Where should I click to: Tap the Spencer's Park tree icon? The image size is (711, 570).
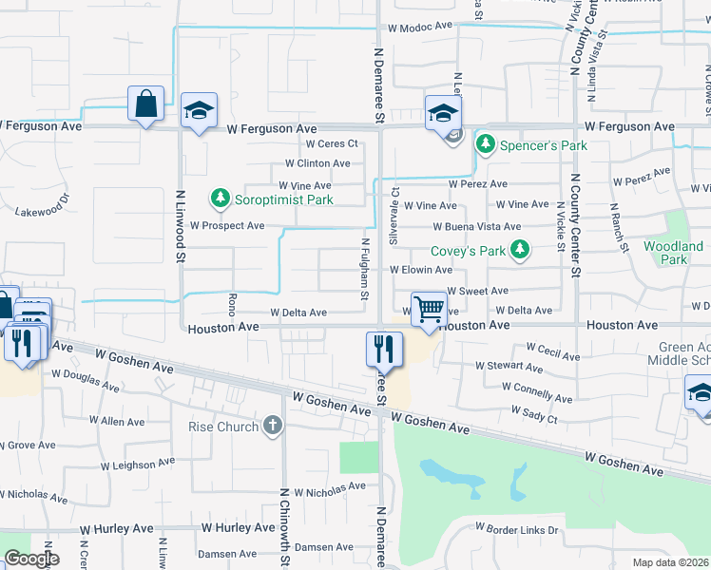click(x=486, y=145)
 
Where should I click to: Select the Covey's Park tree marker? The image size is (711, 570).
click(x=519, y=251)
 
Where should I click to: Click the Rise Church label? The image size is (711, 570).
click(x=223, y=427)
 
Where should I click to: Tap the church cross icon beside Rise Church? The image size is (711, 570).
click(x=274, y=426)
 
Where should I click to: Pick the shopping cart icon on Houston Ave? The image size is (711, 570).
click(x=429, y=309)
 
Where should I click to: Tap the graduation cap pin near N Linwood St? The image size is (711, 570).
click(x=199, y=111)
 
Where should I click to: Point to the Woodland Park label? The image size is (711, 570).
click(x=673, y=253)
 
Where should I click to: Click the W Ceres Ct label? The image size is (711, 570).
click(x=331, y=144)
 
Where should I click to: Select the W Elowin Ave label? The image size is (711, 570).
click(x=420, y=270)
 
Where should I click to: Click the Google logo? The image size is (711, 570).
click(x=31, y=559)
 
